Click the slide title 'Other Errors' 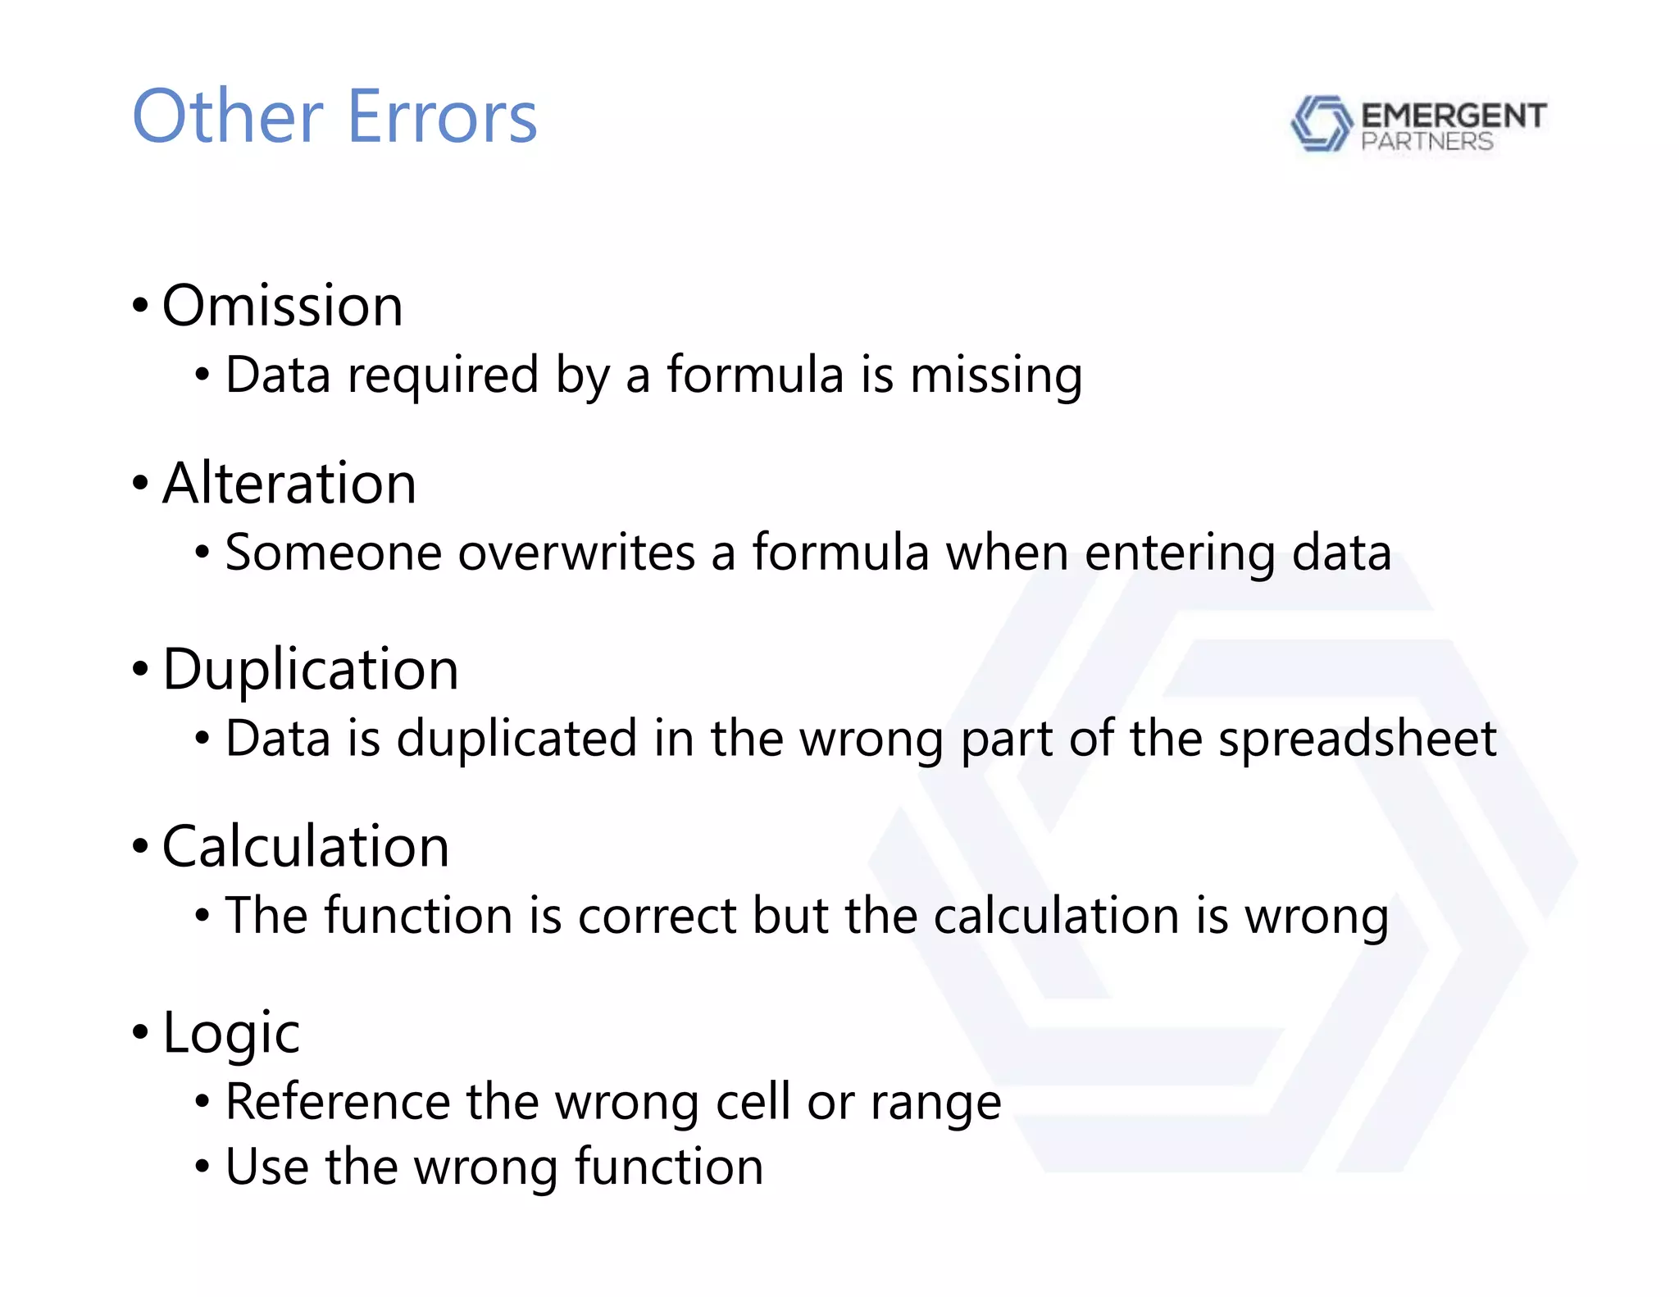[334, 117]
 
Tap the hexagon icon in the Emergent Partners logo [1321, 124]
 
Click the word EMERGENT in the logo [1454, 116]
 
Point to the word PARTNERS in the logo [1426, 142]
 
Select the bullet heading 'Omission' [282, 306]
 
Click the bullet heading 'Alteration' [289, 484]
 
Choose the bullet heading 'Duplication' [310, 670]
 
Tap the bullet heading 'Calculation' [306, 847]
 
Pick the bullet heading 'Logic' [231, 1033]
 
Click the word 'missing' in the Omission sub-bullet [996, 375]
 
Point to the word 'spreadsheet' [1357, 739]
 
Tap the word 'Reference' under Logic [338, 1102]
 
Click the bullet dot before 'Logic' [140, 1033]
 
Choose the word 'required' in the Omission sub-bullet [443, 376]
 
